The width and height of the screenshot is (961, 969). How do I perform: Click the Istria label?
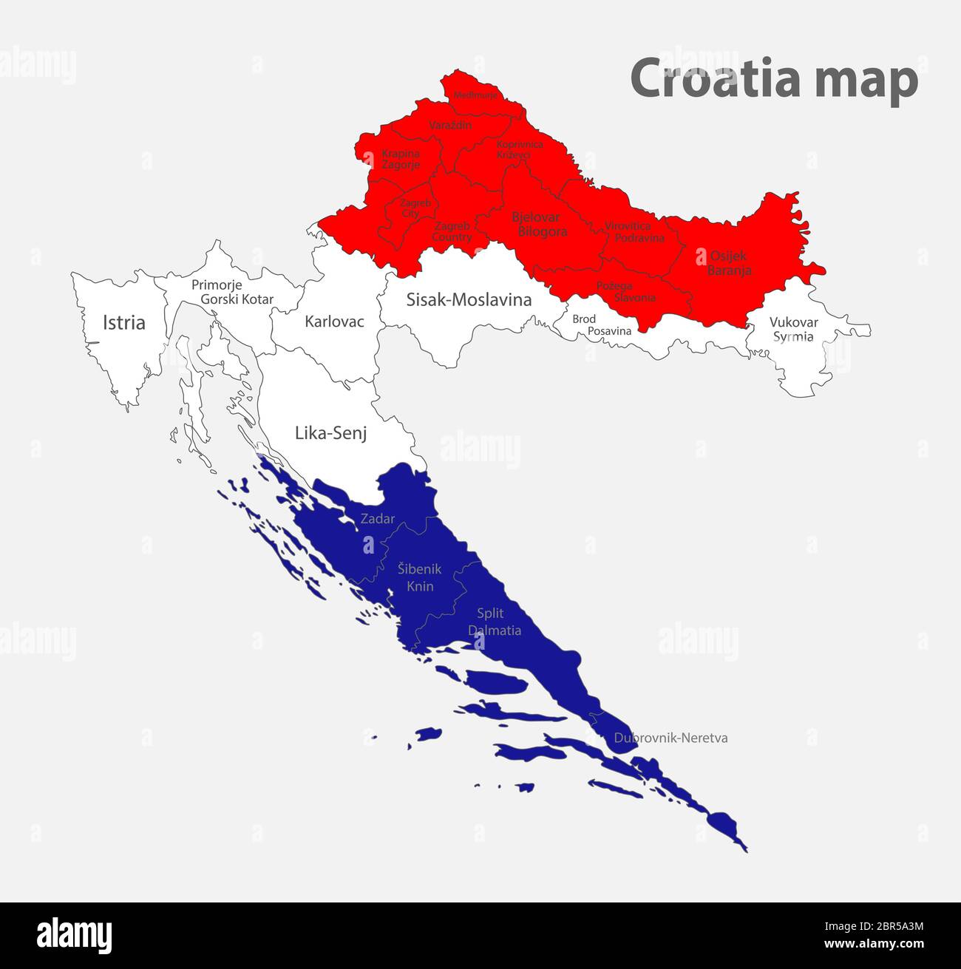point(124,322)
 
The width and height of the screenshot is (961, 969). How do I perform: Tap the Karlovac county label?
point(334,322)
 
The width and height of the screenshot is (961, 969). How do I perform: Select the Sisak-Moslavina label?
point(469,299)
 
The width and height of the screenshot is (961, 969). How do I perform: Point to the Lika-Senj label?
point(330,433)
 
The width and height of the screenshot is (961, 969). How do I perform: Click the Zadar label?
point(377,519)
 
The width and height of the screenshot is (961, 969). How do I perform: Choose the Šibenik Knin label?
point(419,577)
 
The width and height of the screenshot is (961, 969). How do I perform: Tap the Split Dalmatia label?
point(494,622)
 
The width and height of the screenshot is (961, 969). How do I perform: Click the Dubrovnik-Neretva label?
point(670,738)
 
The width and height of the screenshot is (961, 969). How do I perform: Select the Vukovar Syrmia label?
point(793,330)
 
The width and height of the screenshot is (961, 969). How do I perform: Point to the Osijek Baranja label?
point(728,263)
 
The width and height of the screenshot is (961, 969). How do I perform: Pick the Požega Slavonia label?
point(625,292)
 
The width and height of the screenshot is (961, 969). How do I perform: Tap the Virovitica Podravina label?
point(633,231)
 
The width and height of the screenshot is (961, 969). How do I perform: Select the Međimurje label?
point(475,95)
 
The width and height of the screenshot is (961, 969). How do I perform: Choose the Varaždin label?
point(450,126)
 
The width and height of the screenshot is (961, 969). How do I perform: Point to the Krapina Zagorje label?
point(401,159)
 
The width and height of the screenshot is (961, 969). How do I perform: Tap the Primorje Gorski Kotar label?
point(231,292)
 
